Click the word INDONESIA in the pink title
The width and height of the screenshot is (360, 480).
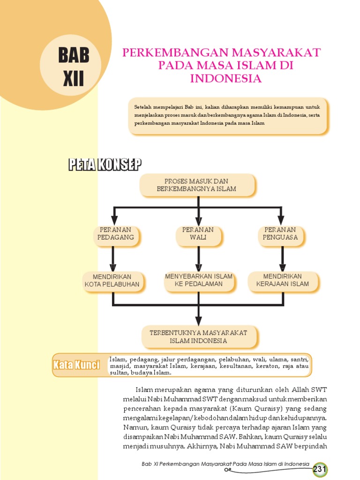coord(225,78)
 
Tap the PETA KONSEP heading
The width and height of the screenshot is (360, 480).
coord(105,165)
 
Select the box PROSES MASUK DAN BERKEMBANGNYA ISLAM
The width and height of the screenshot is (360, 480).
coord(197,185)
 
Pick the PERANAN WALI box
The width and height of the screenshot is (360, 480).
coord(198,233)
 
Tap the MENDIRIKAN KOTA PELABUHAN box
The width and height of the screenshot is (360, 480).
coord(112,280)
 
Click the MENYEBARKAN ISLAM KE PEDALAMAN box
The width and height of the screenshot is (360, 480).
coord(198,280)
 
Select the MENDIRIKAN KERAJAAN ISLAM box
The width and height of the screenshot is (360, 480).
coord(283,280)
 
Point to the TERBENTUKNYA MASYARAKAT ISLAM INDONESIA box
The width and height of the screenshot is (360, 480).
coord(198,337)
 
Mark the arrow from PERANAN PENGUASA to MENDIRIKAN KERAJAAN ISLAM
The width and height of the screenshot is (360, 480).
coord(283,258)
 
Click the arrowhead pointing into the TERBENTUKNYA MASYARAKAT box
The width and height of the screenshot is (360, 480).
coord(199,320)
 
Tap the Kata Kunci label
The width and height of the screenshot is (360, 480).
coord(76,365)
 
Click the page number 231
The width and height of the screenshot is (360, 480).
coord(320,469)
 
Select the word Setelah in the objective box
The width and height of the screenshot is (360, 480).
coord(143,106)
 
